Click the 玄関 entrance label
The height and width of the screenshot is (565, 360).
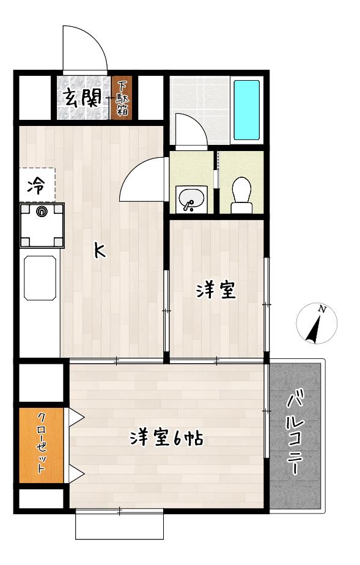coord(82,98)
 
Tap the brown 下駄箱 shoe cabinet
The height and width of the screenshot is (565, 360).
coord(122,98)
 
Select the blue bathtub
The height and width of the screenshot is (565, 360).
coord(246,110)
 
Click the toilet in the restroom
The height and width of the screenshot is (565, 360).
coord(241,195)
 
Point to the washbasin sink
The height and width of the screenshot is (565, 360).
coord(191,199)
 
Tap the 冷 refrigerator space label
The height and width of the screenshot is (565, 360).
coord(36,186)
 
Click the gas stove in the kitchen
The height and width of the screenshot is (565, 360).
coord(42,226)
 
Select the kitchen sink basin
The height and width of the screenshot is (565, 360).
coord(40,278)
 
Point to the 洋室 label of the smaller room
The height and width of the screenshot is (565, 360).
coord(216,290)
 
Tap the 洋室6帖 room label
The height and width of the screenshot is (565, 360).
coord(166,438)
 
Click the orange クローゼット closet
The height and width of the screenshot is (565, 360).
coord(42,445)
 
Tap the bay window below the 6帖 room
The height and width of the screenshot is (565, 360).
coord(119,524)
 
